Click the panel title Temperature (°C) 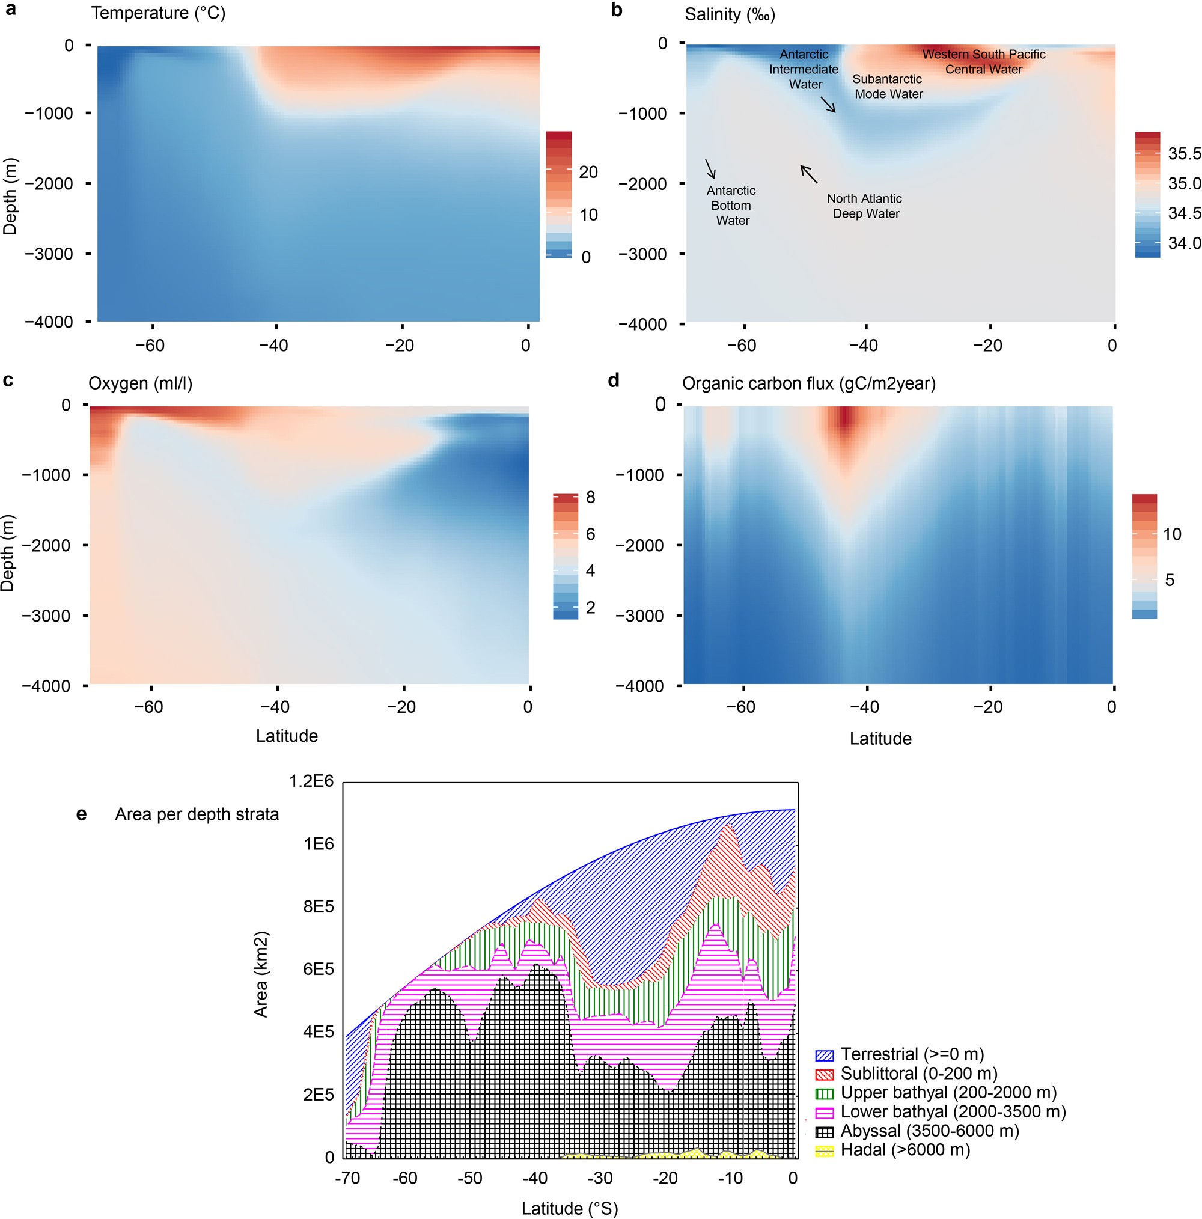pyautogui.click(x=157, y=13)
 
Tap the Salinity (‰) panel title pyautogui.click(x=730, y=14)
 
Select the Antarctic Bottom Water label pyautogui.click(x=731, y=205)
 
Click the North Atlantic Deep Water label pyautogui.click(x=865, y=206)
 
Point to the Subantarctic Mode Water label pyautogui.click(x=888, y=87)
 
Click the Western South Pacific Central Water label pyautogui.click(x=983, y=62)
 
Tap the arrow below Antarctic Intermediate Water pyautogui.click(x=828, y=105)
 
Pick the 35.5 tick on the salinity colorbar pyautogui.click(x=1184, y=153)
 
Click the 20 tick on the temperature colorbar pyautogui.click(x=587, y=172)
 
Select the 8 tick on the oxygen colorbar pyautogui.click(x=590, y=497)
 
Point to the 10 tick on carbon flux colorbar pyautogui.click(x=1172, y=534)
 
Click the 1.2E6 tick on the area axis pyautogui.click(x=311, y=781)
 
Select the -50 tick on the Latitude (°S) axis pyautogui.click(x=469, y=1178)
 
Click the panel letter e pyautogui.click(x=81, y=814)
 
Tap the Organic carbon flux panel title pyautogui.click(x=808, y=383)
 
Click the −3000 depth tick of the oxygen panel pyautogui.click(x=46, y=616)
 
